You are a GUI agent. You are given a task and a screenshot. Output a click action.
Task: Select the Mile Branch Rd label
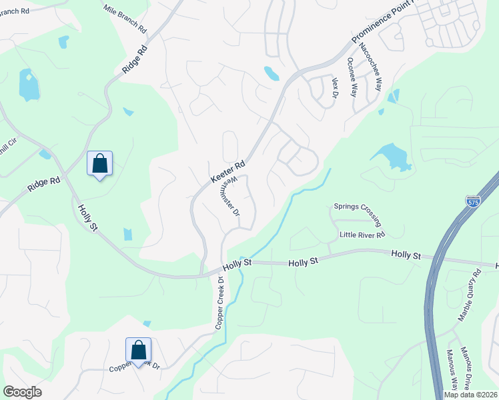click(x=125, y=17)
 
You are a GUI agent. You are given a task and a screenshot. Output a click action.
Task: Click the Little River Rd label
click(x=362, y=235)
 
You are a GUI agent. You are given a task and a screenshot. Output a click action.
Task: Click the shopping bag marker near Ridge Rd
click(x=100, y=163)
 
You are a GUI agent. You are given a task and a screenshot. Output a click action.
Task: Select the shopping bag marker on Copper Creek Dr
click(x=138, y=350)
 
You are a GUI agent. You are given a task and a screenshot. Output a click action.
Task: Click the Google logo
click(x=22, y=392)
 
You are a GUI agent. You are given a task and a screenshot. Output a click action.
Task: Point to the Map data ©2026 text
click(x=470, y=394)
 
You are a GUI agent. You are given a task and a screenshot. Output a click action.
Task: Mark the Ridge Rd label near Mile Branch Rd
click(x=134, y=59)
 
